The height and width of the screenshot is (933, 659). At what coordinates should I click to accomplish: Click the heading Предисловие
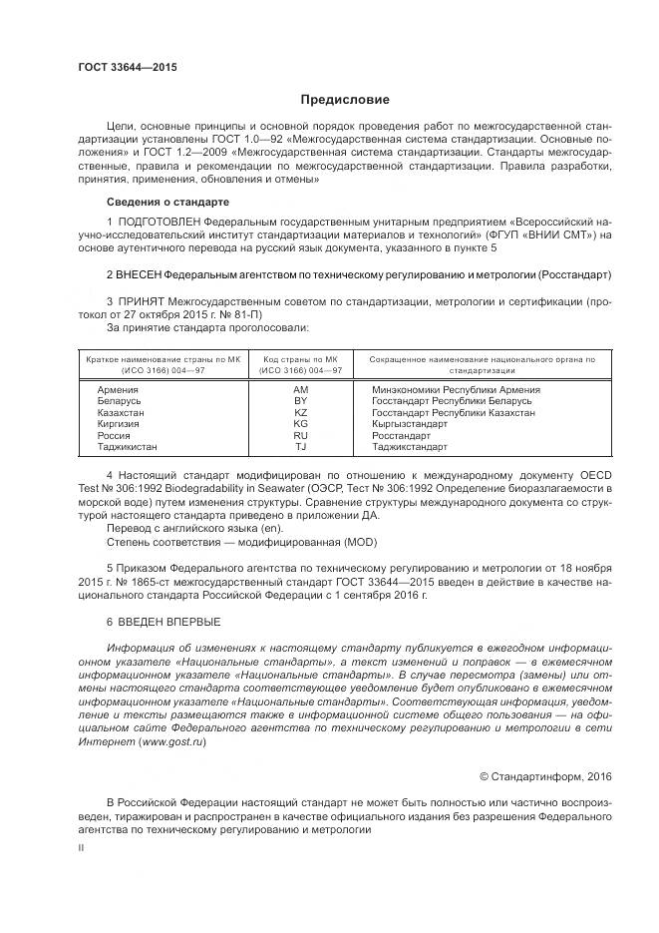tap(346, 100)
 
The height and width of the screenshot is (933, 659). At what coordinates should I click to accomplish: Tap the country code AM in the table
tap(301, 389)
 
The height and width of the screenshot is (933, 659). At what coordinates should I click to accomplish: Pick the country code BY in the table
tap(301, 400)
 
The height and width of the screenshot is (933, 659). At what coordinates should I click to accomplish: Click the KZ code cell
tap(301, 412)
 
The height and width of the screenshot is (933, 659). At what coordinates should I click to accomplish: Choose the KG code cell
tap(301, 424)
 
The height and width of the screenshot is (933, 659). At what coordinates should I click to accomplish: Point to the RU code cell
tap(301, 436)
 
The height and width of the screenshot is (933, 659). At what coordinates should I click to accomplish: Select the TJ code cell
tap(301, 448)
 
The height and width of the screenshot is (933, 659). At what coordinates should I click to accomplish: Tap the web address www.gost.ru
tap(175, 742)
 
